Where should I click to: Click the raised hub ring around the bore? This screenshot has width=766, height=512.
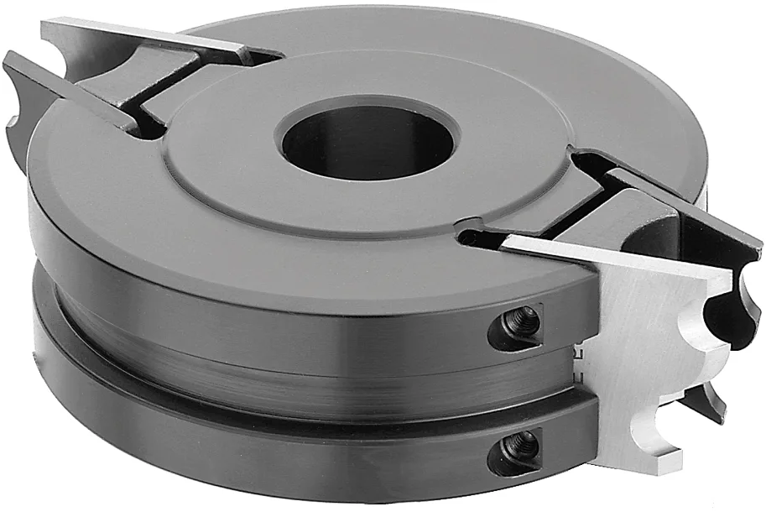(252, 168)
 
